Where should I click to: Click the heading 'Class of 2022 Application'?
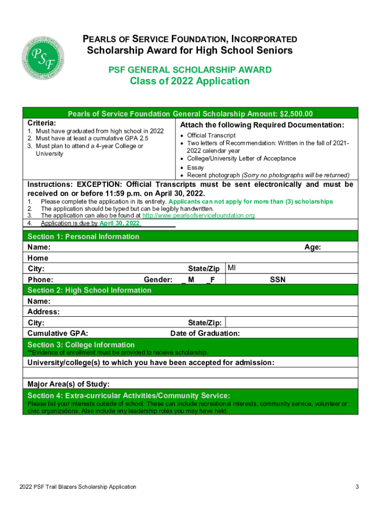pos(190,81)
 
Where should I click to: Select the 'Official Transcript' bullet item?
pos(211,135)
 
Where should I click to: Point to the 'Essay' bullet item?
pos(195,168)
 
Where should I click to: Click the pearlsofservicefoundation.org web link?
pos(199,216)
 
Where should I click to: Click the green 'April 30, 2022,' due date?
pos(120,223)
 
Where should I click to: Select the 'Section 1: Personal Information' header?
pos(83,237)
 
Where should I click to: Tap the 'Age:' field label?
pos(313,247)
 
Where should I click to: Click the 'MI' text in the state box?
pos(232,268)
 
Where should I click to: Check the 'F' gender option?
pos(210,280)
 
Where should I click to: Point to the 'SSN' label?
pos(277,280)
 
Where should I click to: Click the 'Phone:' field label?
pos(39,280)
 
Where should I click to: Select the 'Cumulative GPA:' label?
pos(58,334)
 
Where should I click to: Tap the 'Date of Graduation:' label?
pos(205,334)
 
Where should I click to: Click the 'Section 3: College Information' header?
pos(81,344)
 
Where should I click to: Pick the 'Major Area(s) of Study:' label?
pos(69,384)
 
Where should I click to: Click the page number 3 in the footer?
pos(356,487)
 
